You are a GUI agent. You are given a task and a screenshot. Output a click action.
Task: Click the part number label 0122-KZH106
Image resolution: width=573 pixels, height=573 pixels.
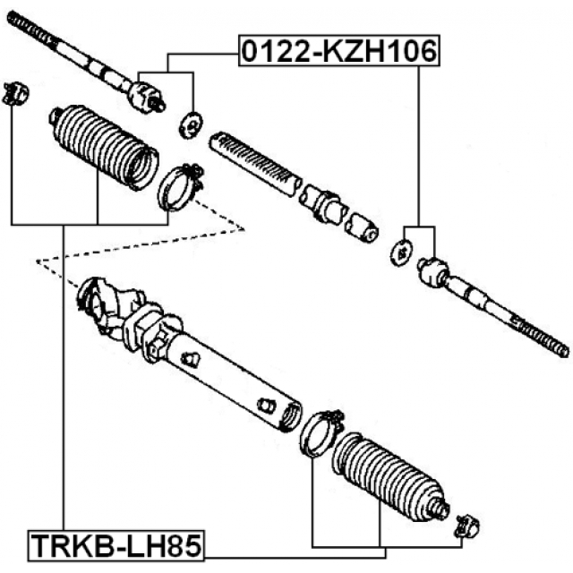[x=338, y=52]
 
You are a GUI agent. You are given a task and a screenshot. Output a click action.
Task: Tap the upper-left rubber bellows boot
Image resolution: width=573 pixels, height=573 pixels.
[x=101, y=148]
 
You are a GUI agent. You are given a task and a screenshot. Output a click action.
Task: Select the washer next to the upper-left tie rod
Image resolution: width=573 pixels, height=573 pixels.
[x=191, y=125]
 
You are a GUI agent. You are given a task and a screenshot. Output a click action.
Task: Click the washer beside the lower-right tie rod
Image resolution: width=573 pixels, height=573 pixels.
[x=399, y=252]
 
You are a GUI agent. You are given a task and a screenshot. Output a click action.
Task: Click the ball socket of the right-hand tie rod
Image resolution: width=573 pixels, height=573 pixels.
[x=432, y=272]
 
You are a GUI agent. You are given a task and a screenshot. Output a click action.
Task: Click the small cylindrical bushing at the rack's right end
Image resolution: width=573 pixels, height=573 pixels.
[x=363, y=227]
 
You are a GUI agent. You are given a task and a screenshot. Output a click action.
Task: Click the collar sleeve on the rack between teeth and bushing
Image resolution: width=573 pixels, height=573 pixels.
[x=325, y=205]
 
